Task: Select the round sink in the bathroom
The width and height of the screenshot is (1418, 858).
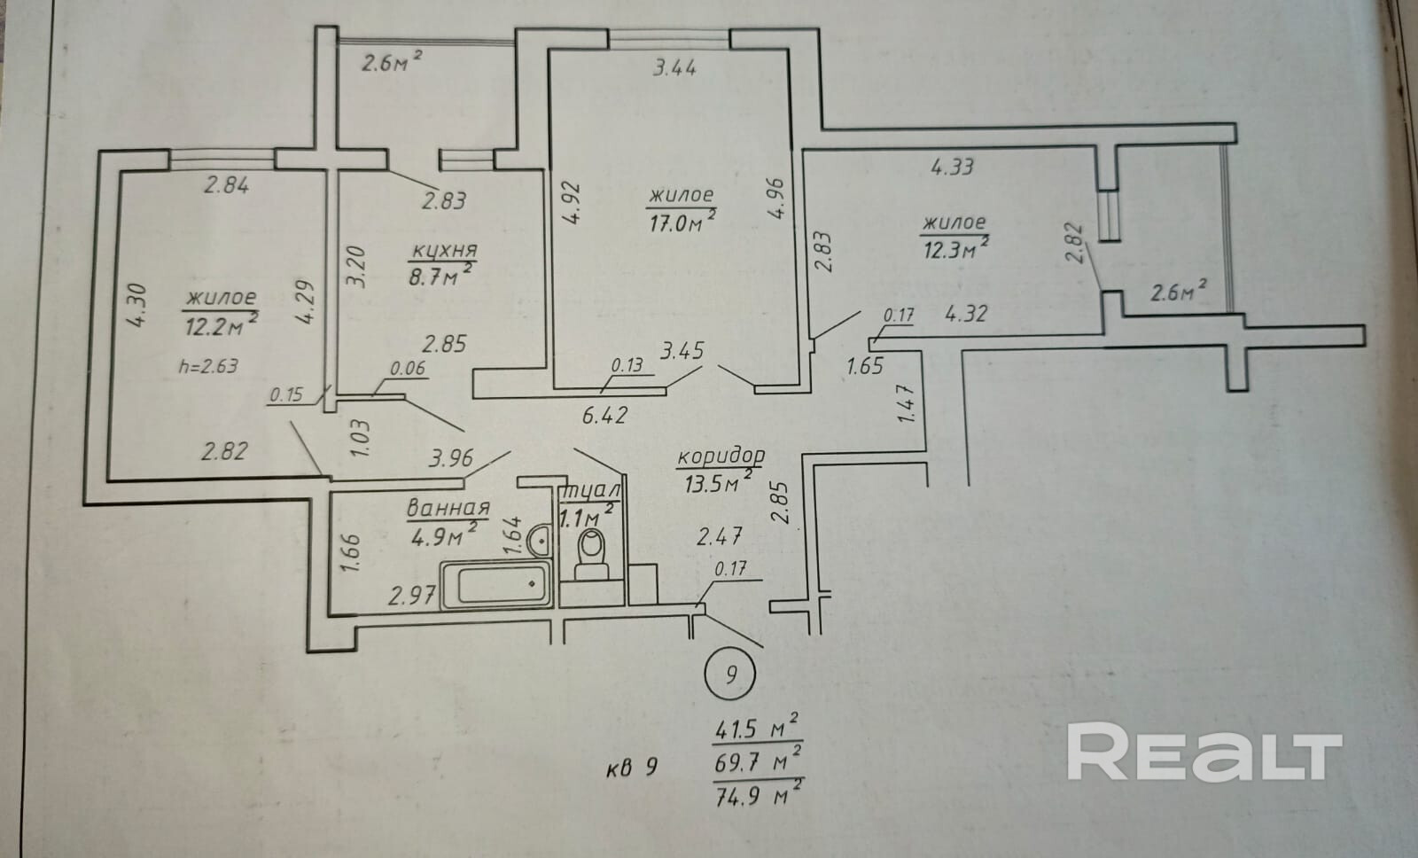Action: coord(537,537)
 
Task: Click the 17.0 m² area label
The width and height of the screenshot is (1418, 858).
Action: coord(682,222)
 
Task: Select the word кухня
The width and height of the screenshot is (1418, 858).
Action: coord(443,251)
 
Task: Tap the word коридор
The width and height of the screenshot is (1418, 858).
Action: coord(720,456)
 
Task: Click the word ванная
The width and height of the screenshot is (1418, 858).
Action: coord(448,509)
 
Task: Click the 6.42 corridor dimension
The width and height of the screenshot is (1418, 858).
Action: coord(606,413)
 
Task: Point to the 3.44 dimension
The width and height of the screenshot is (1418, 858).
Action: coord(674,68)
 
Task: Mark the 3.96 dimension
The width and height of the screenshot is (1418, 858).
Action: coord(451,458)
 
